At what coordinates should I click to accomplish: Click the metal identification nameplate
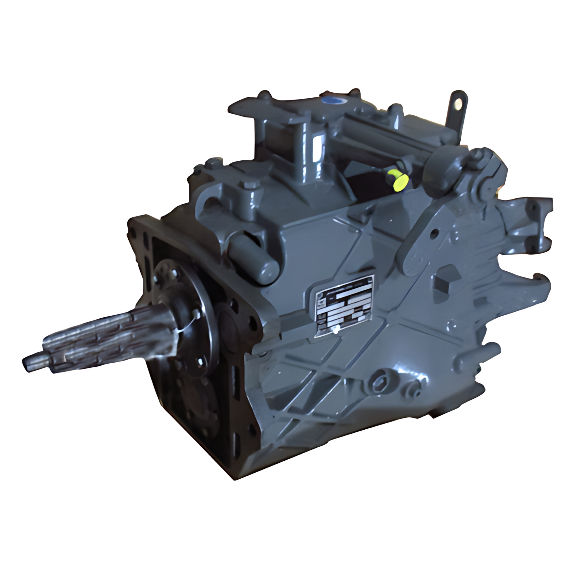pyautogui.click(x=344, y=306)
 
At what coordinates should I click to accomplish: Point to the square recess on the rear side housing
pyautogui.click(x=443, y=281)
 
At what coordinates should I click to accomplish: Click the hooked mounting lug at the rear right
pyautogui.click(x=535, y=283)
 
